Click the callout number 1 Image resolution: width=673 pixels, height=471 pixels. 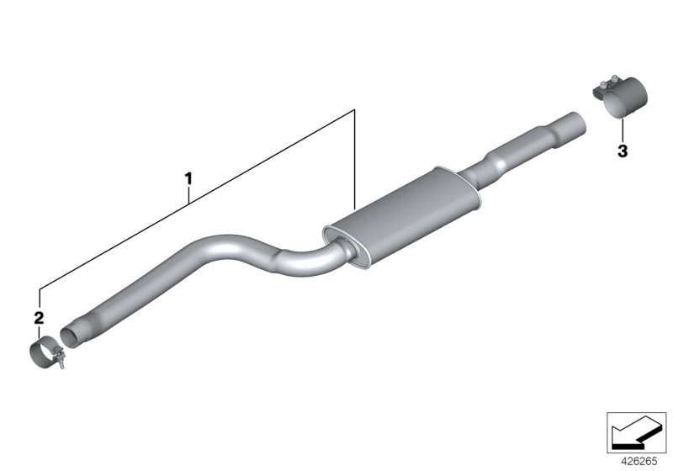(x=189, y=178)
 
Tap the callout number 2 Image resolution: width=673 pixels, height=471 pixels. (x=38, y=317)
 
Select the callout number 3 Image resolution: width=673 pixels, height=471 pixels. (x=622, y=151)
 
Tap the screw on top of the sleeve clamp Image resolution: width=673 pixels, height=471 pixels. (x=603, y=84)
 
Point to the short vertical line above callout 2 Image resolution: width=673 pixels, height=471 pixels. (x=39, y=299)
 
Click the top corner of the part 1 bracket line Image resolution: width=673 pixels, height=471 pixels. (x=355, y=109)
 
